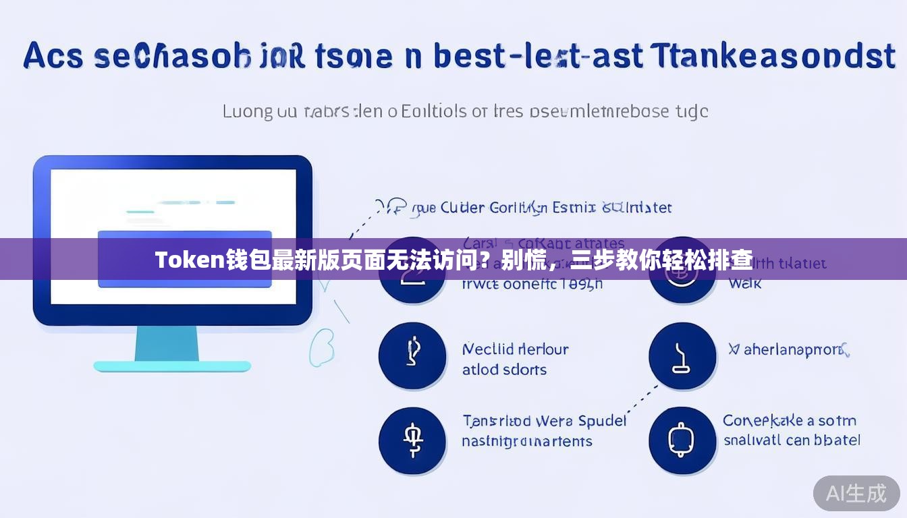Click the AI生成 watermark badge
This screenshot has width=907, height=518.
(856, 493)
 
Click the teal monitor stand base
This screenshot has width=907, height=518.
(171, 366)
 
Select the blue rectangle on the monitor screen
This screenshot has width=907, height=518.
(184, 259)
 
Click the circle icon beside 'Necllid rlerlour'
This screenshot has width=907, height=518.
(412, 355)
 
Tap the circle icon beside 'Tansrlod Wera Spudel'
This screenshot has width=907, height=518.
(412, 440)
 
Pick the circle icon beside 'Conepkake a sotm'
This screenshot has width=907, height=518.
(682, 440)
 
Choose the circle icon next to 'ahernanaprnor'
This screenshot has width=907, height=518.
(682, 355)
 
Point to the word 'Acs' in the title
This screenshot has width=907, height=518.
(53, 55)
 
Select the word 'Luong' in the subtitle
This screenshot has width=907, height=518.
(248, 111)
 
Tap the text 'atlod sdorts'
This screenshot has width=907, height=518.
(504, 370)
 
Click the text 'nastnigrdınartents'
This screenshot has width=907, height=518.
(526, 442)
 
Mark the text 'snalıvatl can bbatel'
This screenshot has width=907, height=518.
(792, 440)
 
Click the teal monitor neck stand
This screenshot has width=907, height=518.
(167, 343)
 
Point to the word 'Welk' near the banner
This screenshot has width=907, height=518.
(744, 284)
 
